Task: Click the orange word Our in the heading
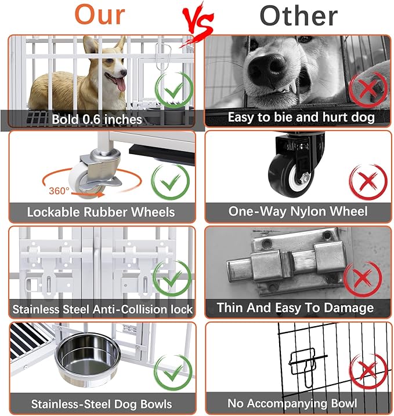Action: click(x=100, y=15)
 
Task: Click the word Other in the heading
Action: click(x=299, y=16)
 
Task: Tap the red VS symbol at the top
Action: click(x=197, y=24)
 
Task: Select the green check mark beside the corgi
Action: click(x=174, y=90)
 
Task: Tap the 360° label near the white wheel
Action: click(x=59, y=191)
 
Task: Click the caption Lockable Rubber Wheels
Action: click(x=101, y=212)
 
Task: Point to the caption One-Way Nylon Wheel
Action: click(x=298, y=211)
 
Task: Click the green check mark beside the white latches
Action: click(x=172, y=278)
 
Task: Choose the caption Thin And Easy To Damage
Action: click(x=295, y=308)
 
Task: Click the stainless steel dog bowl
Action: click(x=88, y=358)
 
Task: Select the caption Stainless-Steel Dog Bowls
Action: click(x=102, y=404)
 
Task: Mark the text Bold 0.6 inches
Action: click(x=97, y=119)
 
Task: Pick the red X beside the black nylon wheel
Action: click(x=368, y=181)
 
